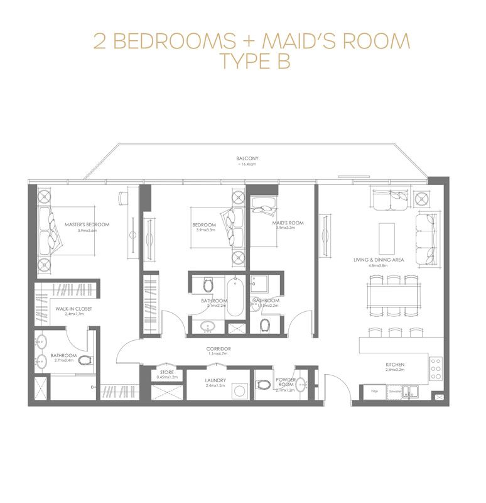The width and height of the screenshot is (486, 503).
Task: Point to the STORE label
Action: pos(166,373)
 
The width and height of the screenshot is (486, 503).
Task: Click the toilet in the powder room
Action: pos(264,384)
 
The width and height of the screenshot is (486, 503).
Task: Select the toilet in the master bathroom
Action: pos(85,361)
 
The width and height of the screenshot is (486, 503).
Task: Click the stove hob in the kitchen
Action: pos(436,368)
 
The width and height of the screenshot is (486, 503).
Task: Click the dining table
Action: pos(394,293)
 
